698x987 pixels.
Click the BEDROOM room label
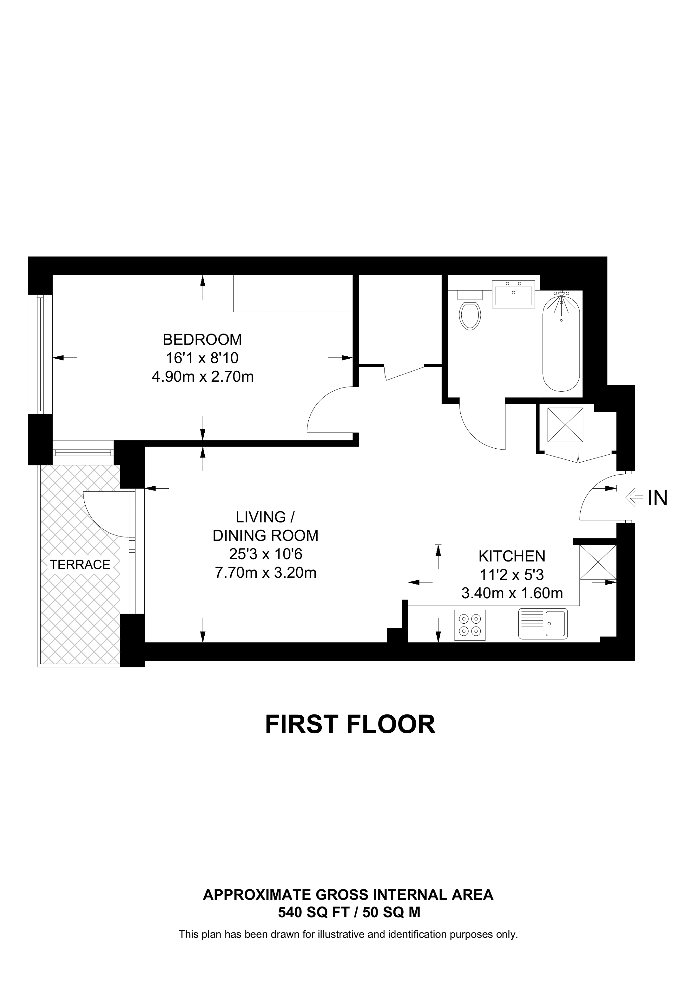pyautogui.click(x=202, y=340)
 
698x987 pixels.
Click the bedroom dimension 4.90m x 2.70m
pyautogui.click(x=202, y=377)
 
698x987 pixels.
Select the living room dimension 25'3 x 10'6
pyautogui.click(x=265, y=554)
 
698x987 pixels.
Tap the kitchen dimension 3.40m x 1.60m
pyautogui.click(x=512, y=593)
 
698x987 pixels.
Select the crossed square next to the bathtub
pyautogui.click(x=565, y=425)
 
